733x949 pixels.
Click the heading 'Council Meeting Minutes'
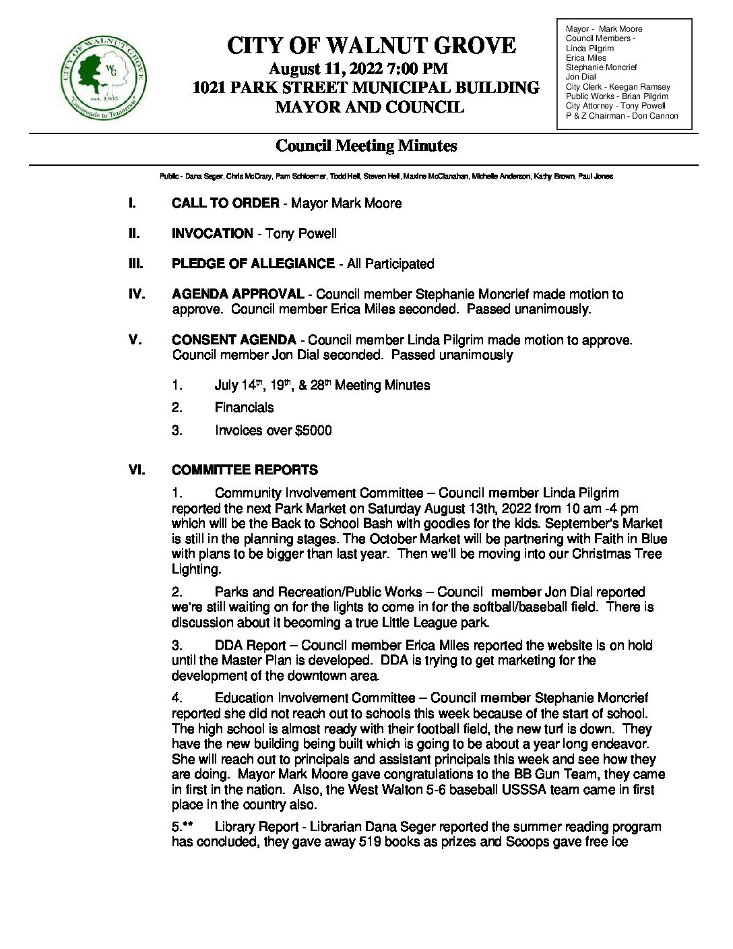366,146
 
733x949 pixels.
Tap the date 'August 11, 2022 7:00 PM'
358,68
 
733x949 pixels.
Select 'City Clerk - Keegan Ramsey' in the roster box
618,87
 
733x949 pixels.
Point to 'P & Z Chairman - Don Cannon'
621,116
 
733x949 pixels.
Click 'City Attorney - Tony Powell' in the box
616,106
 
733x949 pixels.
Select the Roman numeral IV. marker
137,295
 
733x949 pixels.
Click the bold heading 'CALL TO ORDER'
225,204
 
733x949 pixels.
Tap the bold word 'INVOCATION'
212,234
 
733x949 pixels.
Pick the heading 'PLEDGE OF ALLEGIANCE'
253,264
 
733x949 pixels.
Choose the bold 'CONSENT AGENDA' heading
234,340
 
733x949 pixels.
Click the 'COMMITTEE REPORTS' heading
245,470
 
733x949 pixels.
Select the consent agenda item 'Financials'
244,408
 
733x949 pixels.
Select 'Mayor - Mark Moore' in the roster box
604,29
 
